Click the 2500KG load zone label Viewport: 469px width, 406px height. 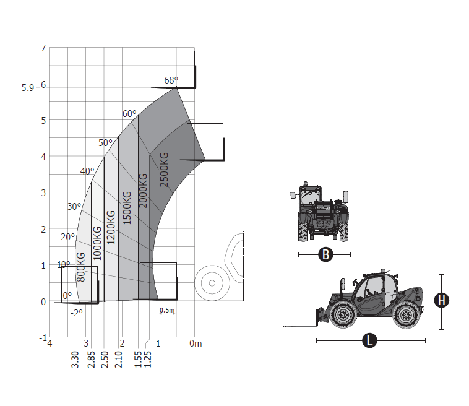click(x=163, y=168)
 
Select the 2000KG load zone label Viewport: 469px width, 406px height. click(x=144, y=189)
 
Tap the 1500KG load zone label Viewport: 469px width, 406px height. click(x=127, y=207)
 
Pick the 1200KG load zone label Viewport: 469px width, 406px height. click(x=111, y=227)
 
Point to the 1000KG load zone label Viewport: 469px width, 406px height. click(x=97, y=243)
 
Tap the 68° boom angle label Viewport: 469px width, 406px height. click(x=171, y=80)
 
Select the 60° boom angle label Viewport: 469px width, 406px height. click(x=129, y=114)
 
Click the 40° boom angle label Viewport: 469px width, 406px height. click(x=87, y=171)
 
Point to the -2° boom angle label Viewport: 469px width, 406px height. click(x=76, y=313)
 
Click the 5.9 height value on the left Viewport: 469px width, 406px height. click(x=28, y=88)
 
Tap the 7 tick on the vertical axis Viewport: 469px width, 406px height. click(x=43, y=48)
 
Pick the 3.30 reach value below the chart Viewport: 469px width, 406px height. click(x=75, y=359)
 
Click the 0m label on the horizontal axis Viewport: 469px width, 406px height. click(x=196, y=343)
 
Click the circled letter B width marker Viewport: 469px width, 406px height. click(x=324, y=254)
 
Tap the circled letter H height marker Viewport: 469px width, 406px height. click(x=441, y=301)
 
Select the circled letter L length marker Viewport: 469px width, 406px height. click(x=370, y=340)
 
